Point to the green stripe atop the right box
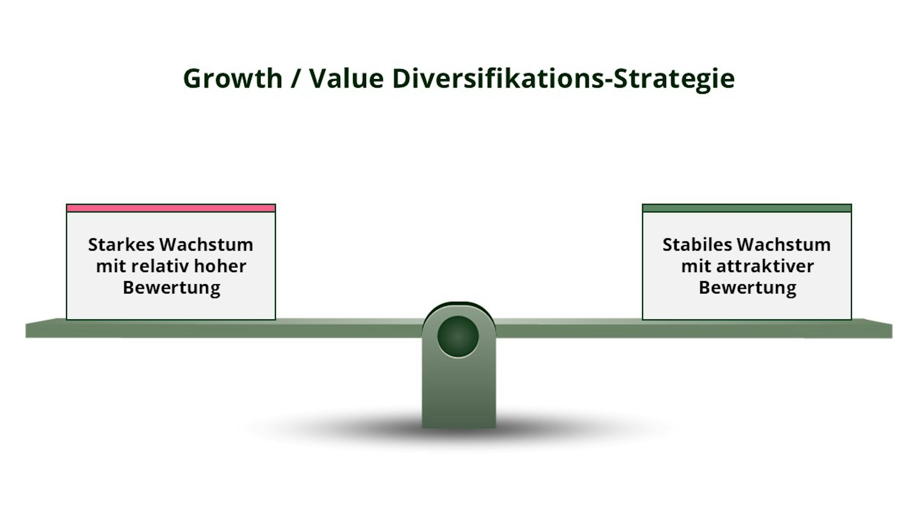pyautogui.click(x=747, y=208)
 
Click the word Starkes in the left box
pyautogui.click(x=121, y=245)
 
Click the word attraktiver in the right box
pyautogui.click(x=765, y=266)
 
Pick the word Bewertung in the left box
pyautogui.click(x=171, y=288)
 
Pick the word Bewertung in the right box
pyautogui.click(x=748, y=288)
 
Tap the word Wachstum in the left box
pyautogui.click(x=206, y=245)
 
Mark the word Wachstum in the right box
pyautogui.click(x=784, y=245)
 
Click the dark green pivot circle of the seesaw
pyautogui.click(x=458, y=336)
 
